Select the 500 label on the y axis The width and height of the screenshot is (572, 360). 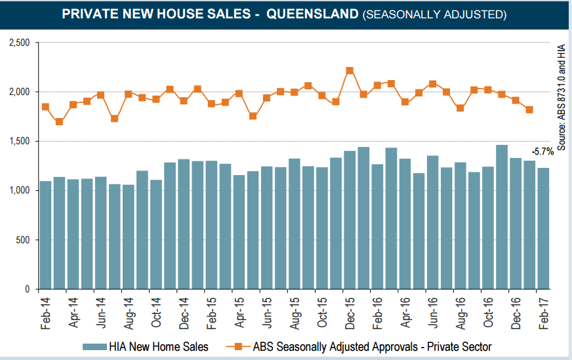(26, 239)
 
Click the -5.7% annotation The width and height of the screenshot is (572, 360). (542, 151)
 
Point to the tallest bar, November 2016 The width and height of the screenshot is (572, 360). (502, 216)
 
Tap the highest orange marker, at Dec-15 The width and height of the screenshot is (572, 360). (350, 70)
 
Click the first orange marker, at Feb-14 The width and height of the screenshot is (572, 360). (45, 107)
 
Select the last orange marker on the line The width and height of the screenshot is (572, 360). (529, 110)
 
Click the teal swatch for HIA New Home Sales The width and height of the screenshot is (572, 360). (95, 346)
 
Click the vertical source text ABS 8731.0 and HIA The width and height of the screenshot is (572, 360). (562, 96)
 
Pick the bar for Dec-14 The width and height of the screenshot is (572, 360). (184, 224)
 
